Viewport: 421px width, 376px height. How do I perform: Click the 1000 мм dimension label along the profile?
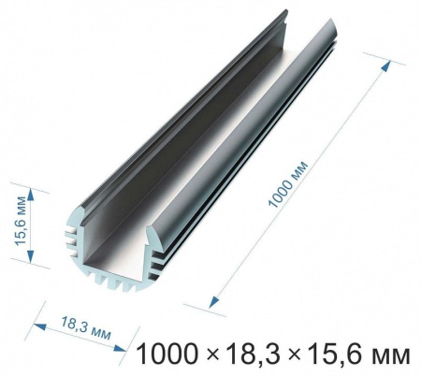288,184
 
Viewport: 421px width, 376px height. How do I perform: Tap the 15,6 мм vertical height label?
21,221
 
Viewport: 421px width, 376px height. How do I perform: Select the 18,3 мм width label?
86,328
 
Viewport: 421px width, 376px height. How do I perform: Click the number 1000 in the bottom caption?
167,354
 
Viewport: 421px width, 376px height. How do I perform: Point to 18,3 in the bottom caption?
252,354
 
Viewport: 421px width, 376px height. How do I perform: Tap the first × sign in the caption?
212,355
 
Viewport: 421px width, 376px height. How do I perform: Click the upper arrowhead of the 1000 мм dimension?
386,65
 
